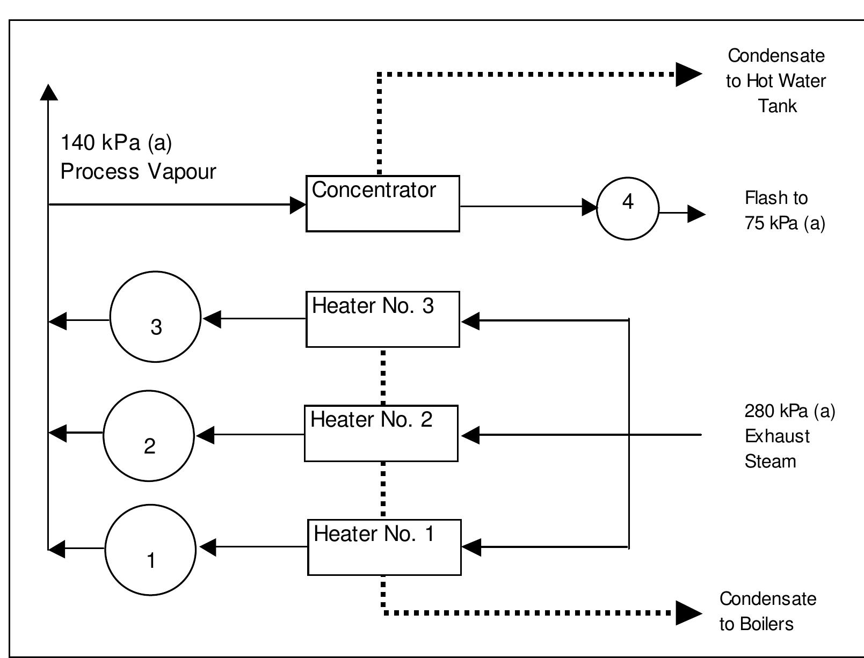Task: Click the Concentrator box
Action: click(382, 203)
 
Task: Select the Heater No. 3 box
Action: click(382, 319)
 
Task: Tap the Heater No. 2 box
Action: click(381, 433)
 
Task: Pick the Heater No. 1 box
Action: click(384, 547)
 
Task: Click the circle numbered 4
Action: click(627, 208)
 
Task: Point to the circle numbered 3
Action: click(155, 317)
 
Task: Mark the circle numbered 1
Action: click(150, 550)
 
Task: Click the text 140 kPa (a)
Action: click(116, 143)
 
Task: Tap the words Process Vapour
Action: click(138, 172)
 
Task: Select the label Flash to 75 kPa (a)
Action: click(784, 210)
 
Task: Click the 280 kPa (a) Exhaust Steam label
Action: click(789, 436)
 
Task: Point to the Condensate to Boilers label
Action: click(767, 611)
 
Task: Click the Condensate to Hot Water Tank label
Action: click(776, 81)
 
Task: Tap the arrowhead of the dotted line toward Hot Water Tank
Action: click(688, 74)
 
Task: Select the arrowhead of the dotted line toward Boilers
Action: click(688, 612)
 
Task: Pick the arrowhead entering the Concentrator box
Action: click(297, 204)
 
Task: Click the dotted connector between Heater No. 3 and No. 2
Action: click(383, 376)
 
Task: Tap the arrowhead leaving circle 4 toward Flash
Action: click(696, 214)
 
